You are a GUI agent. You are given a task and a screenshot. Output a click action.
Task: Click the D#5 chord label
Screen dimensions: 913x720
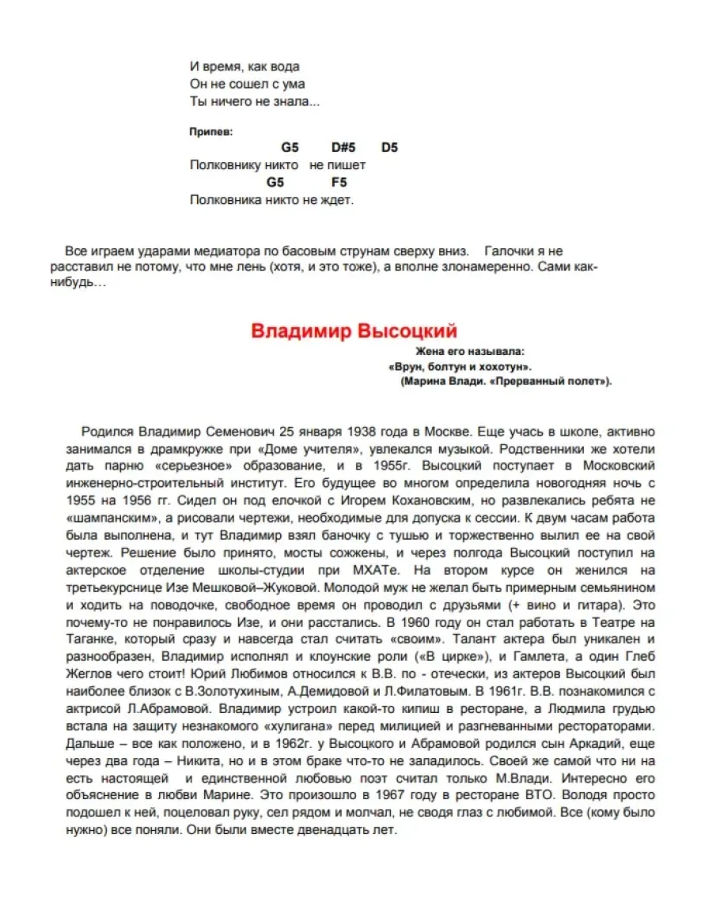343,148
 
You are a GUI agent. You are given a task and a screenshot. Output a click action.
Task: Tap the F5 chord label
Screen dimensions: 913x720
339,183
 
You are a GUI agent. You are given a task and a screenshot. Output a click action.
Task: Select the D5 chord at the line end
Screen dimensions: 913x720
389,148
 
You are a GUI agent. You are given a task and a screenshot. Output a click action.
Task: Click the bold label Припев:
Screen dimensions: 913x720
211,131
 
